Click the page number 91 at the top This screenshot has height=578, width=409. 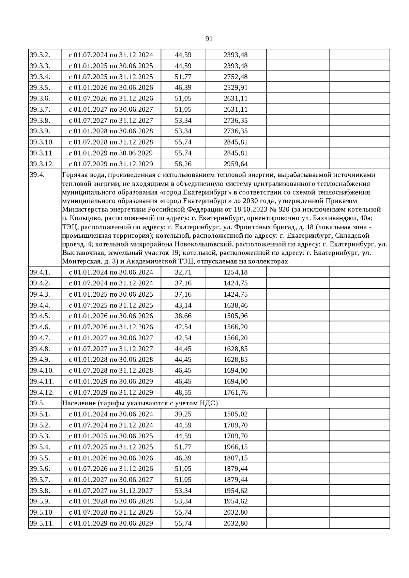[x=209, y=39]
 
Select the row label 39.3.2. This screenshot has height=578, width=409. [x=40, y=55]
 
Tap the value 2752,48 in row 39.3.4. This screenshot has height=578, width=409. [x=236, y=77]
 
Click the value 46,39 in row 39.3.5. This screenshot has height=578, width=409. [x=183, y=88]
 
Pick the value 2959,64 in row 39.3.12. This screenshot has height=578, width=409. [x=236, y=164]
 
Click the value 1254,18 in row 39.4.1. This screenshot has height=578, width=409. [x=236, y=272]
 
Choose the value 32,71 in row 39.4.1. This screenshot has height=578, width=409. [x=183, y=272]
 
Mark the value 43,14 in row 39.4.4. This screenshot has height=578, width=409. [x=183, y=305]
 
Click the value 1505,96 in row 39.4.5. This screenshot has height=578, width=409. [x=236, y=316]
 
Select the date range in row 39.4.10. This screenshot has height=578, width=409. [x=111, y=370]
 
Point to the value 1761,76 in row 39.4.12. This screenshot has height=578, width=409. [x=236, y=392]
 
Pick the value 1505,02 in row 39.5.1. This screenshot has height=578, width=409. [x=236, y=414]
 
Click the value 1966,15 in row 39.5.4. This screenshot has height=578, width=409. [x=236, y=447]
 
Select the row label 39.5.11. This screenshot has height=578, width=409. [x=42, y=523]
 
